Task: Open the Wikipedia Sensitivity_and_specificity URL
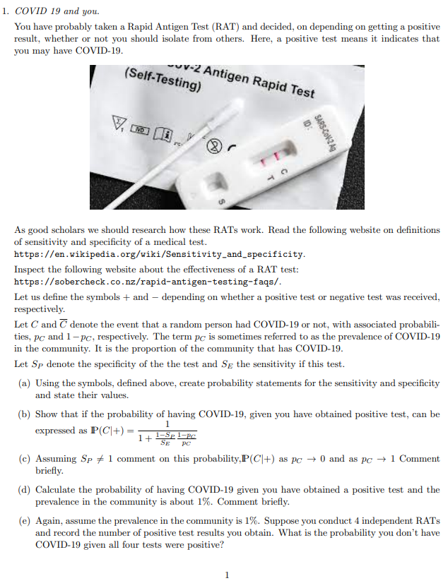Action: (160, 253)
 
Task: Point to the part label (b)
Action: (23, 414)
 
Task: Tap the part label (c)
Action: (23, 459)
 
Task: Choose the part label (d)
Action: (23, 489)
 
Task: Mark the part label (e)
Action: (23, 521)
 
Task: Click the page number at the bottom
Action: (226, 575)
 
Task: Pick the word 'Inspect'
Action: (30, 270)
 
